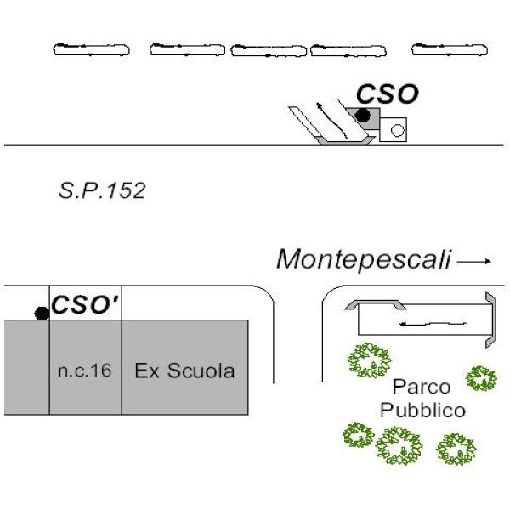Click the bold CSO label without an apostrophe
tap(387, 94)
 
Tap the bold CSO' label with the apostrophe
tap(84, 304)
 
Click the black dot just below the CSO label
tap(363, 116)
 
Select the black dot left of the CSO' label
tap(41, 314)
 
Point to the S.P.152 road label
tap(102, 190)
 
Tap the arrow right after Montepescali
tap(475, 262)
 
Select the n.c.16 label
tap(85, 371)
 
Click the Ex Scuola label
tap(184, 371)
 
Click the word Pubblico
tap(422, 411)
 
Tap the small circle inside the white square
tap(396, 130)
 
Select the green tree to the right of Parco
tap(482, 377)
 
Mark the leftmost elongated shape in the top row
tap(92, 50)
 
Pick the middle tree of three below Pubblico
tap(398, 445)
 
